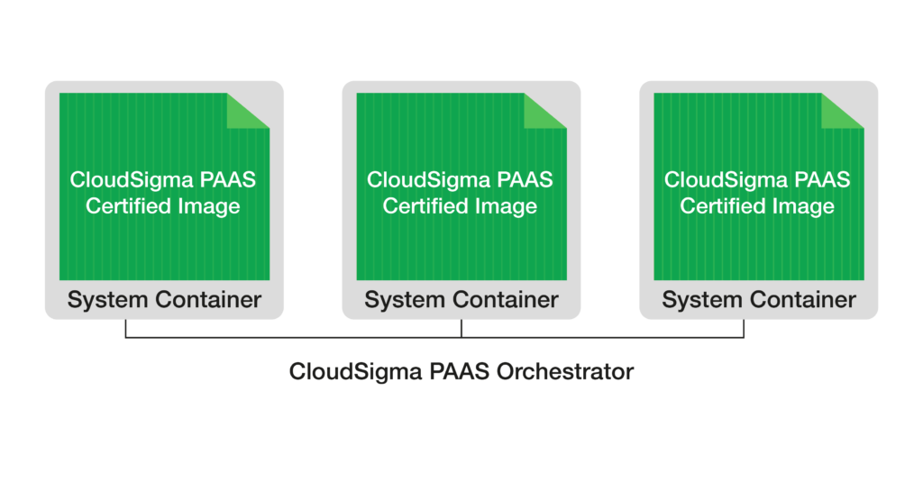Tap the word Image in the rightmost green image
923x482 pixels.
coord(802,206)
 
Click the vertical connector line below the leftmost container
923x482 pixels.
coord(125,330)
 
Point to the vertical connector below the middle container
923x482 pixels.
coord(461,330)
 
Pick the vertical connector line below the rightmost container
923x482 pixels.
coord(745,330)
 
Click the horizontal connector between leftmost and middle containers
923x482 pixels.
coord(293,338)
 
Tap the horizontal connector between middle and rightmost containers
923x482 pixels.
coord(603,338)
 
